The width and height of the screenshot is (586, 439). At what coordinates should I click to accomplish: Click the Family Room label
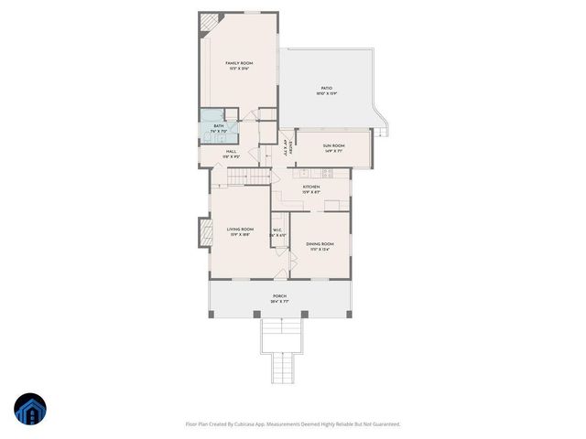tap(239, 63)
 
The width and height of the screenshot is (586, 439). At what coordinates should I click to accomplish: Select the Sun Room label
tap(333, 145)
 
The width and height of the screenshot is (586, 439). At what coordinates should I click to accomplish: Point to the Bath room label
tap(219, 126)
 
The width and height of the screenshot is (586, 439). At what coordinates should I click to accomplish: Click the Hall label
tap(231, 152)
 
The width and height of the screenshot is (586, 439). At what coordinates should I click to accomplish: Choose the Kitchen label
tap(311, 187)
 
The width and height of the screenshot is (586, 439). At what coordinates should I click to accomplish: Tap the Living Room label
tap(239, 230)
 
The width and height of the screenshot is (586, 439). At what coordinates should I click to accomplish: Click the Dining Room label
tap(320, 244)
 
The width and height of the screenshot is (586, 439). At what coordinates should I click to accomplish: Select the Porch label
tap(279, 296)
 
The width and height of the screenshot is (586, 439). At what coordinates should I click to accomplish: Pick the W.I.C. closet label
tap(278, 230)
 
